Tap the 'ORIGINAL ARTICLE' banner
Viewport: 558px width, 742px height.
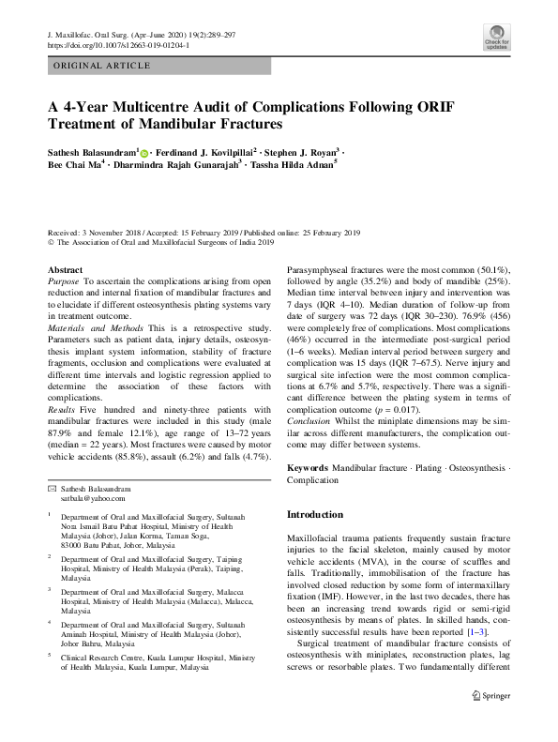pos(98,66)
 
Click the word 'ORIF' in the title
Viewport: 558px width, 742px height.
pos(428,106)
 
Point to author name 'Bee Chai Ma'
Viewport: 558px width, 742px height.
pos(73,163)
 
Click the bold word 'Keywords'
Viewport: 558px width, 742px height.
pos(308,466)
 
